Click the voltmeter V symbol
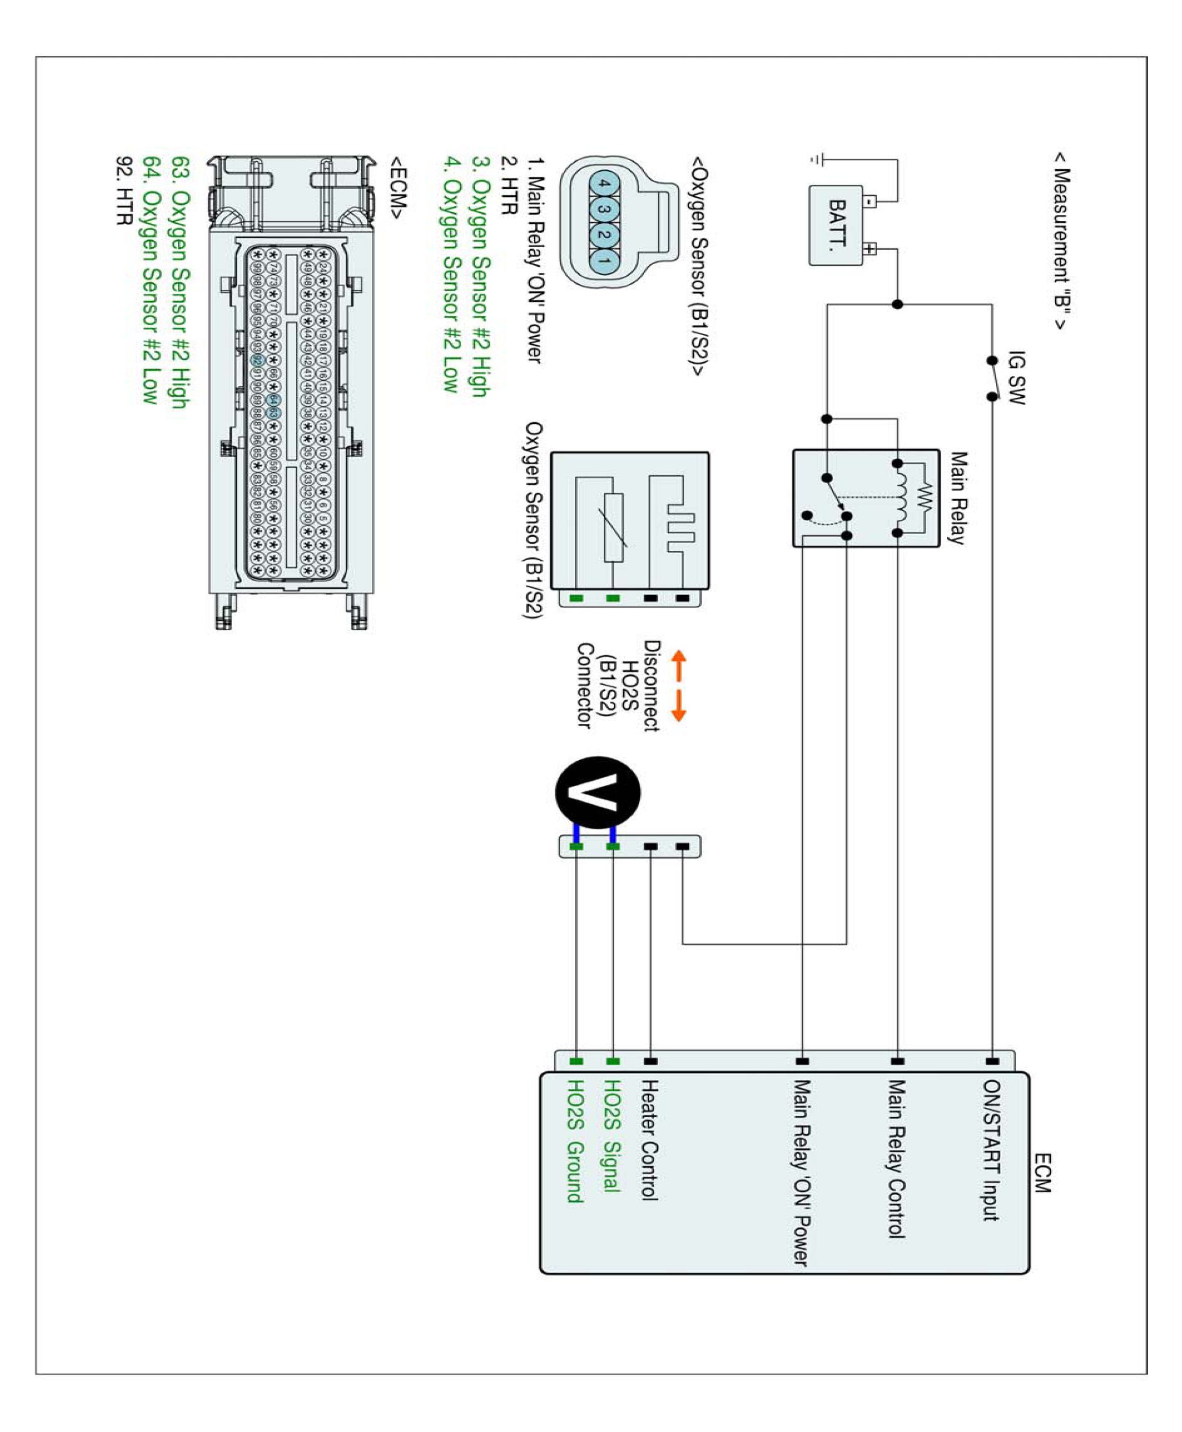click(x=597, y=792)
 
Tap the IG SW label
click(x=1015, y=378)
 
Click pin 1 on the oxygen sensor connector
click(x=603, y=259)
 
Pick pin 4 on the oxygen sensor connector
click(x=603, y=184)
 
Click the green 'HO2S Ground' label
click(x=575, y=1141)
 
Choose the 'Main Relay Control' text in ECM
click(x=896, y=1158)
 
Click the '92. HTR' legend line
click(x=124, y=191)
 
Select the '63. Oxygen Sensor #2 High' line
click(x=180, y=282)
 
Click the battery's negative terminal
click(x=871, y=202)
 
